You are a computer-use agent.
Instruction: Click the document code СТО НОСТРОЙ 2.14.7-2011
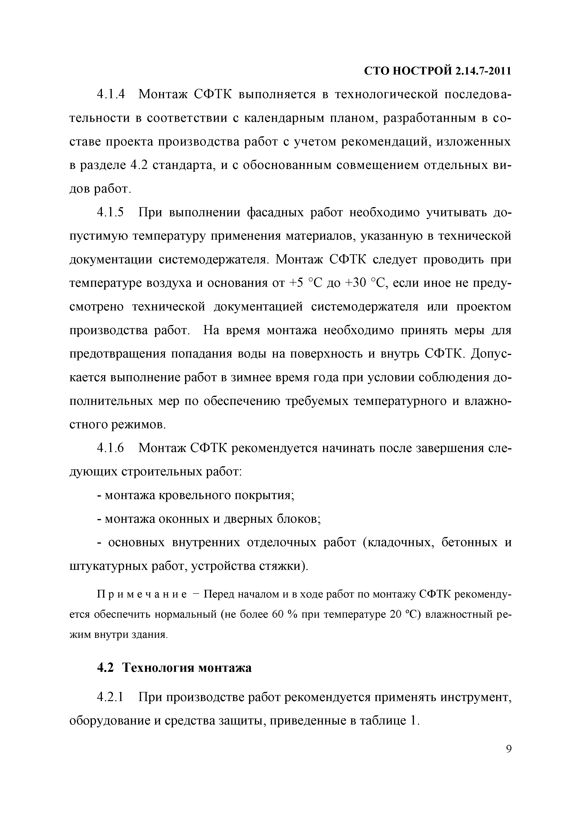pos(437,71)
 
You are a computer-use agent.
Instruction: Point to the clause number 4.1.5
pos(111,212)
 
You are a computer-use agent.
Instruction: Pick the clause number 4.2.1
pos(111,697)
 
